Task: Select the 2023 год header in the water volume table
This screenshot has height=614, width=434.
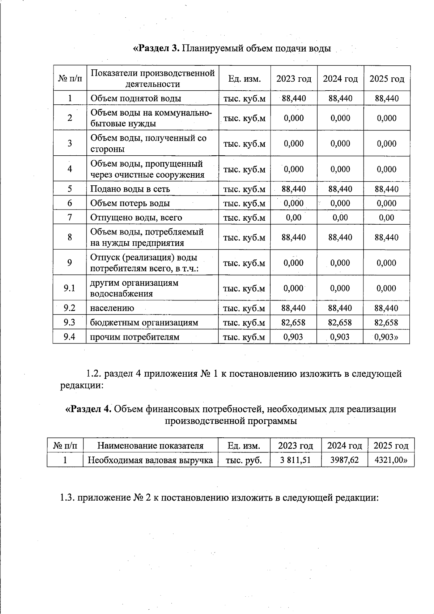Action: tap(294, 79)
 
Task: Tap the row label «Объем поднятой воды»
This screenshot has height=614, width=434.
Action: tap(136, 98)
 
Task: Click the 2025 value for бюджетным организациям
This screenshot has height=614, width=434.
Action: tap(386, 323)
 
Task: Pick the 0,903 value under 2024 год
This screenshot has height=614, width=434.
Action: tap(340, 337)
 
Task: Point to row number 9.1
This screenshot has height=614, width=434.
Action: tap(69, 288)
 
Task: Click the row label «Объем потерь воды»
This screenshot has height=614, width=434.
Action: tap(130, 203)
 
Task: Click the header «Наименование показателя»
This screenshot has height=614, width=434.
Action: tap(150, 446)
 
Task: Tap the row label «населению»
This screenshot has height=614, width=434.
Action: tap(112, 308)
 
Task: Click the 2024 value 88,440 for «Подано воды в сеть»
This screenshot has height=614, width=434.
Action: tap(340, 189)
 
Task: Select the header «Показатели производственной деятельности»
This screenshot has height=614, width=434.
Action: tap(153, 78)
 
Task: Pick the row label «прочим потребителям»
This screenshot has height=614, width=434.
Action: tap(135, 337)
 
